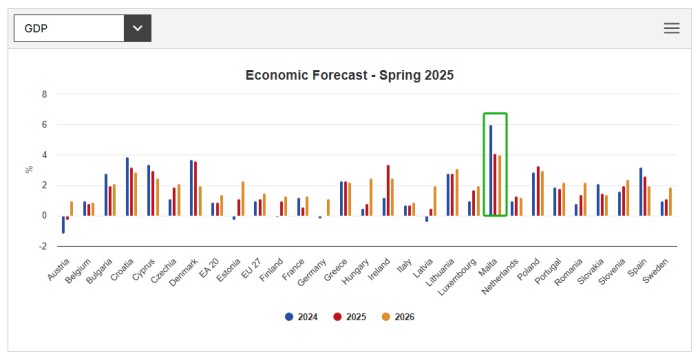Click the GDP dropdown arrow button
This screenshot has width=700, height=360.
pos(137,28)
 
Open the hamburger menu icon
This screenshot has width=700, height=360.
pos(672,28)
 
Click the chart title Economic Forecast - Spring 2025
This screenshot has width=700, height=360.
pos(350,75)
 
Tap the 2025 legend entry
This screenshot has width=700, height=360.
pos(349,316)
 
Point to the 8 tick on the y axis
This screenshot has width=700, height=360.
pos(43,94)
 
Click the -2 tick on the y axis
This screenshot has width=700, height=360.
pos(42,246)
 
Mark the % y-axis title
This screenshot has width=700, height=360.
pos(29,170)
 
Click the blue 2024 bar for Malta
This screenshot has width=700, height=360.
pos(490,170)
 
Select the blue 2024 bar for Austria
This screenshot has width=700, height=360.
pos(63,224)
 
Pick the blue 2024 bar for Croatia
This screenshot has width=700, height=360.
pos(127,186)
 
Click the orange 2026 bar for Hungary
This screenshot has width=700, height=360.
pos(370,197)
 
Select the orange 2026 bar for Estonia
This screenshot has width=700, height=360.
pos(243,198)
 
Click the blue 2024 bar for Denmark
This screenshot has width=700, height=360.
pos(191,188)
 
